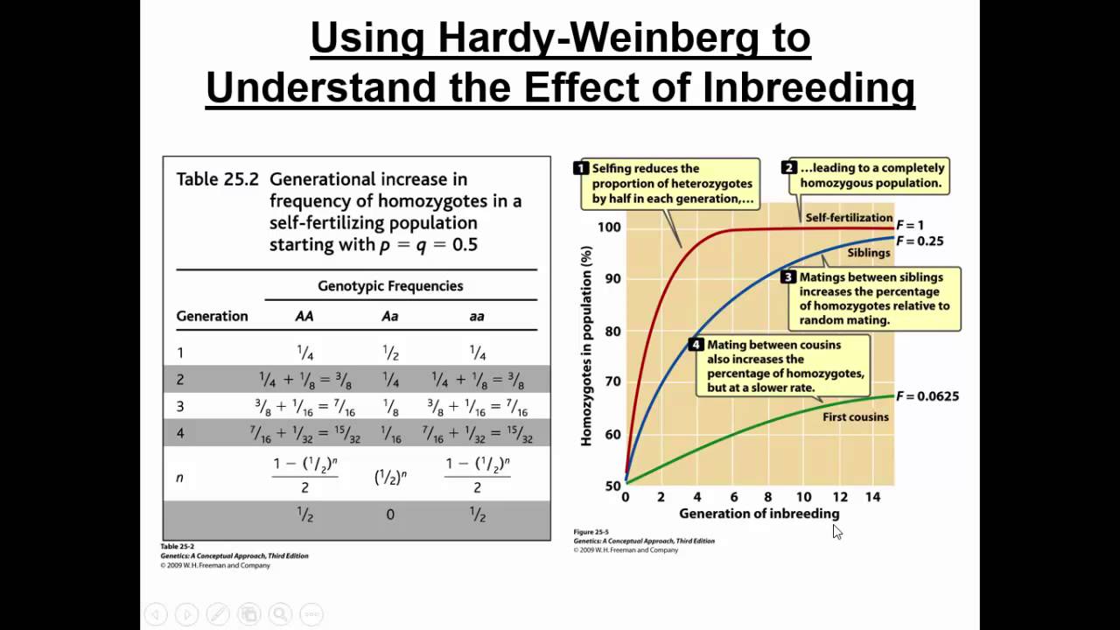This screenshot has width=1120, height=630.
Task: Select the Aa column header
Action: click(x=389, y=316)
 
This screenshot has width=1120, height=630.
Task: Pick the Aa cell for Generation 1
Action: click(x=390, y=353)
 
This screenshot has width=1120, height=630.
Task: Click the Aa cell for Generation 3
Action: click(x=390, y=406)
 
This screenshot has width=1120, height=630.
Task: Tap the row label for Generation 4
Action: click(x=180, y=432)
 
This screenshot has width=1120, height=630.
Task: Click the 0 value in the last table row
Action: click(x=390, y=514)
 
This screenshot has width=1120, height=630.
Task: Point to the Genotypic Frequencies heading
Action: click(x=390, y=286)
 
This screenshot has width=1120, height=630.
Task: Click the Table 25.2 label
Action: click(x=218, y=179)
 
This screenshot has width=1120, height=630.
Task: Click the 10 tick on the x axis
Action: click(x=803, y=497)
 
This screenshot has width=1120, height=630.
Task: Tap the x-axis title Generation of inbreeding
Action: click(x=759, y=514)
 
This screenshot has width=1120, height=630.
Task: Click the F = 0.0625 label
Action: click(x=927, y=396)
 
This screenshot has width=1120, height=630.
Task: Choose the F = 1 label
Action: click(x=909, y=226)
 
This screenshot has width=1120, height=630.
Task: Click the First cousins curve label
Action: click(x=855, y=417)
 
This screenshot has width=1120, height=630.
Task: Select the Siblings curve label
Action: click(x=868, y=253)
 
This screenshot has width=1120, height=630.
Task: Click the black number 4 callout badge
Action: click(x=696, y=345)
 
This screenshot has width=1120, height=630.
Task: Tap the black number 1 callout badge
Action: click(x=580, y=168)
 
